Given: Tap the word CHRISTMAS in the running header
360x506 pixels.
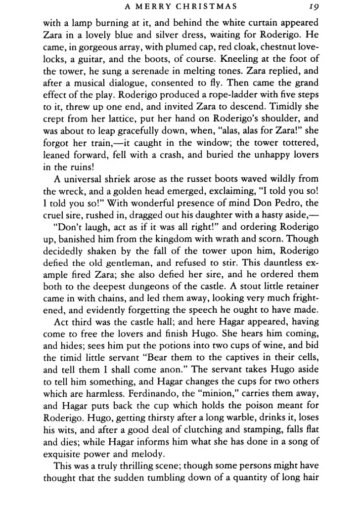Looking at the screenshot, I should (x=206, y=7).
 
